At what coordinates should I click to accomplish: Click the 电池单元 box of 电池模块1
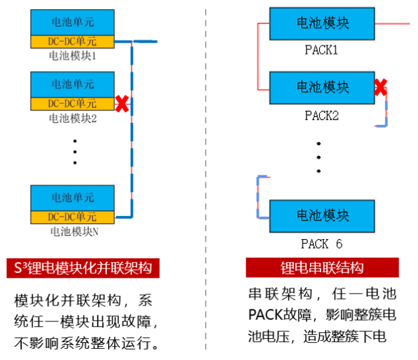72,23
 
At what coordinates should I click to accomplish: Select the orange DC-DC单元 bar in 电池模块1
72,42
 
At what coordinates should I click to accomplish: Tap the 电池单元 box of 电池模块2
72,84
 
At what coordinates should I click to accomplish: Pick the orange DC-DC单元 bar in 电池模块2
72,104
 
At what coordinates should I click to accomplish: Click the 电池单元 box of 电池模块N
72,198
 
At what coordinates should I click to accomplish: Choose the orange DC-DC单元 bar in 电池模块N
72,217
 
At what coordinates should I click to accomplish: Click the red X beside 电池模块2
122,104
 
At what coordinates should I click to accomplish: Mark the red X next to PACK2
380,86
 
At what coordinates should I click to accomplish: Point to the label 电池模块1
73,56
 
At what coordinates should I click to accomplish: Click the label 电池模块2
73,118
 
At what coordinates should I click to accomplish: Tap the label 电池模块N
73,232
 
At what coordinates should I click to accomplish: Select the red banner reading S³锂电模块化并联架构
84,268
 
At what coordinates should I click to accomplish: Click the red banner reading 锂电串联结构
322,268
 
